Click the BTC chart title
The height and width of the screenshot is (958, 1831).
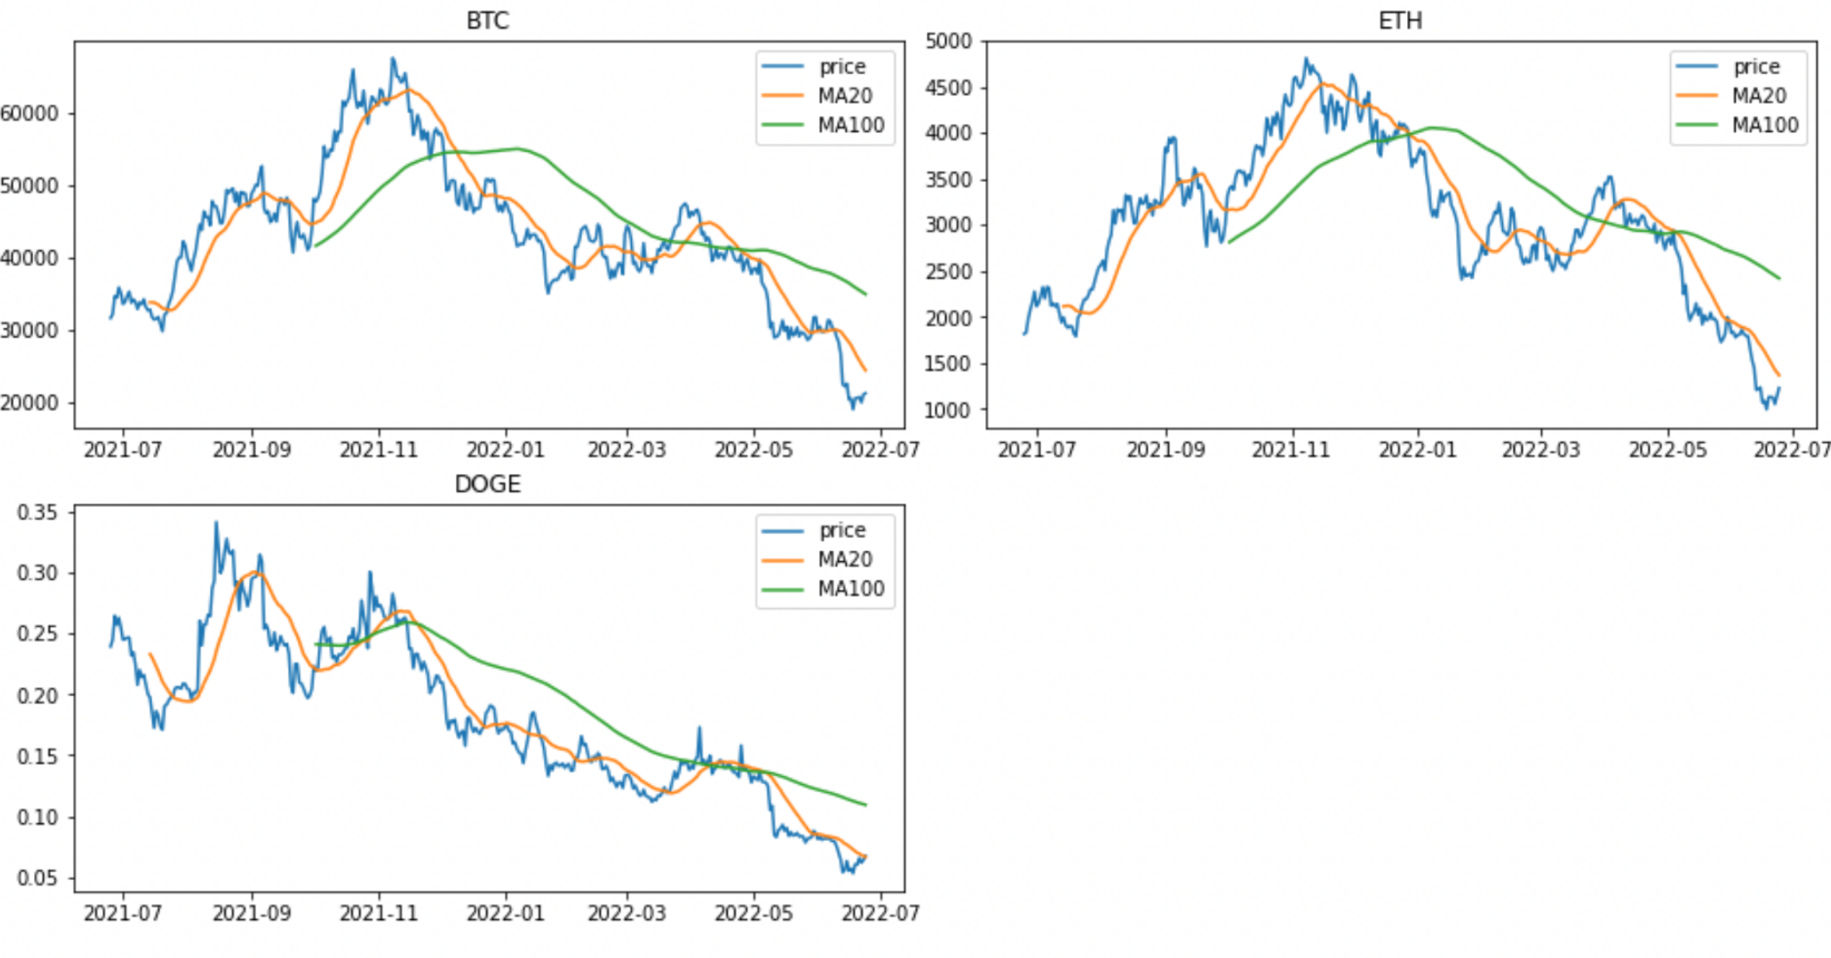click(487, 21)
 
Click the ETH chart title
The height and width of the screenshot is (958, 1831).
click(1400, 21)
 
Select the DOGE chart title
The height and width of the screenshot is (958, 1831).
click(487, 484)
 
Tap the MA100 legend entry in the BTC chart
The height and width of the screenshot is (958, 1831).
click(850, 126)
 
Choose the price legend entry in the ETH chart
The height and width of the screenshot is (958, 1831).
click(1756, 66)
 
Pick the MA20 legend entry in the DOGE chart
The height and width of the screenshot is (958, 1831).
click(844, 559)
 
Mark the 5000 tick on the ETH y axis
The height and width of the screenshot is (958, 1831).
click(948, 41)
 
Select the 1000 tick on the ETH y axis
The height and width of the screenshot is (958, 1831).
click(948, 410)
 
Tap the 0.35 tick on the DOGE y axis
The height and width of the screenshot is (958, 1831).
click(37, 513)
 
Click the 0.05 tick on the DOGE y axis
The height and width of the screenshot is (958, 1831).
click(37, 879)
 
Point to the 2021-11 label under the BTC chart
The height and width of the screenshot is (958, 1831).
click(379, 450)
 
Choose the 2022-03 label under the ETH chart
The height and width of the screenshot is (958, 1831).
click(1540, 450)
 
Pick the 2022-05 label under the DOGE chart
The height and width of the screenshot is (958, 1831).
click(754, 913)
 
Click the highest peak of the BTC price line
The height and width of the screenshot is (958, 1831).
click(392, 58)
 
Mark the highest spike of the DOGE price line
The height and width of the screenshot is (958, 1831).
click(216, 522)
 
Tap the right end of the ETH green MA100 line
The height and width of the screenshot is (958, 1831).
click(1780, 278)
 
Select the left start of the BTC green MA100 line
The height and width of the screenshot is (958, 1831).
click(316, 245)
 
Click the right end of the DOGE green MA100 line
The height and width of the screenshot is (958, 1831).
click(866, 805)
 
